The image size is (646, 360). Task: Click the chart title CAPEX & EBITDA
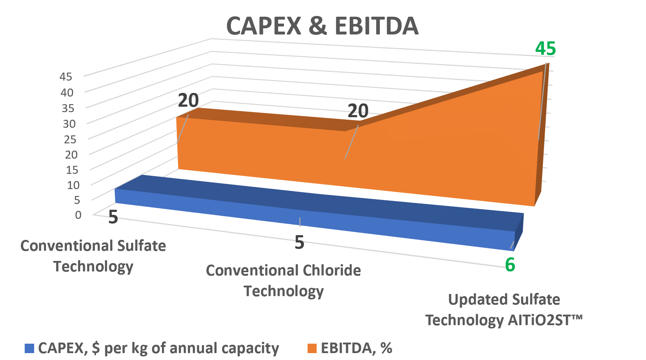coord(322,26)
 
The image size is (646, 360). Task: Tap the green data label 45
coord(545,49)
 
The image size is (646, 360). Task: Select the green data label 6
coord(510,265)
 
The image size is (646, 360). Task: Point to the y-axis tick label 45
coord(66,77)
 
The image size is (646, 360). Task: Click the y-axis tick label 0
coord(78,215)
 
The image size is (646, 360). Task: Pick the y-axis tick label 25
coord(70,139)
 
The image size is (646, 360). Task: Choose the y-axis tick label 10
coord(73,185)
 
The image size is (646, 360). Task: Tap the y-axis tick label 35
coord(68,108)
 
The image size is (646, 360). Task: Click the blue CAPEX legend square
coord(29,348)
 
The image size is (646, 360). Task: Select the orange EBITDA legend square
coord(312,348)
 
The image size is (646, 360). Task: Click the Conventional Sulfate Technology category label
coord(93,256)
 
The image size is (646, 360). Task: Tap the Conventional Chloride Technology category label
coord(283,281)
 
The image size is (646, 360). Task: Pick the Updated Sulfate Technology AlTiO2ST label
coord(504,310)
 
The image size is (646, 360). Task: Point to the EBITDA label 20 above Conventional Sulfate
coord(188,101)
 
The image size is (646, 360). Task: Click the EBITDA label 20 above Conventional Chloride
coord(358,111)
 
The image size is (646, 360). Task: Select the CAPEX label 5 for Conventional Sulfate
coord(113,217)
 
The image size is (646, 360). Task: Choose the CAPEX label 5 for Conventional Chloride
coord(299,242)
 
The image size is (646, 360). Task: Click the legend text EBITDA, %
coord(356,348)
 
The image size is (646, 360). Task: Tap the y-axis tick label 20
coord(71,155)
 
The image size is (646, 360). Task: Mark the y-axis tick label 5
coord(77,200)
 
